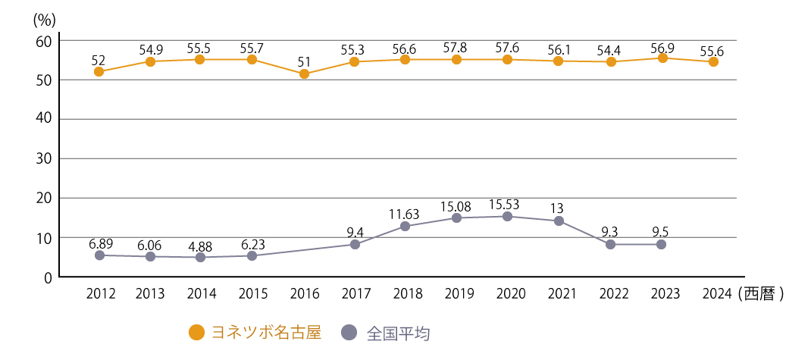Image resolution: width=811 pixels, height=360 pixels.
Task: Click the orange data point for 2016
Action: tap(304, 74)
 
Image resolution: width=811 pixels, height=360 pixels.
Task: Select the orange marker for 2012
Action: tap(99, 72)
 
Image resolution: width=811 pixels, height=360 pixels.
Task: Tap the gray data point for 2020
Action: tap(507, 217)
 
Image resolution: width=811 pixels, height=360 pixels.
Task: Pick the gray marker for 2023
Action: tap(661, 244)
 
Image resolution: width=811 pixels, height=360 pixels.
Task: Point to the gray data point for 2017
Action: tap(355, 244)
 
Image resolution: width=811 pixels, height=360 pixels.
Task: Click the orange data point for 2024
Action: tap(713, 62)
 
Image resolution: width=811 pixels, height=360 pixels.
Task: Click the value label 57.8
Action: tap(456, 47)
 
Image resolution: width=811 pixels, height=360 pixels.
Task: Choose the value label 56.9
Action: tap(661, 47)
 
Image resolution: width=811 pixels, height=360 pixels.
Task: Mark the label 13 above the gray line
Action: tap(559, 207)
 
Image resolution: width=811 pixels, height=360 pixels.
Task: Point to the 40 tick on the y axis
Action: tap(43, 119)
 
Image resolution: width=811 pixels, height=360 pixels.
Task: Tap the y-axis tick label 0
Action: tap(48, 277)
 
